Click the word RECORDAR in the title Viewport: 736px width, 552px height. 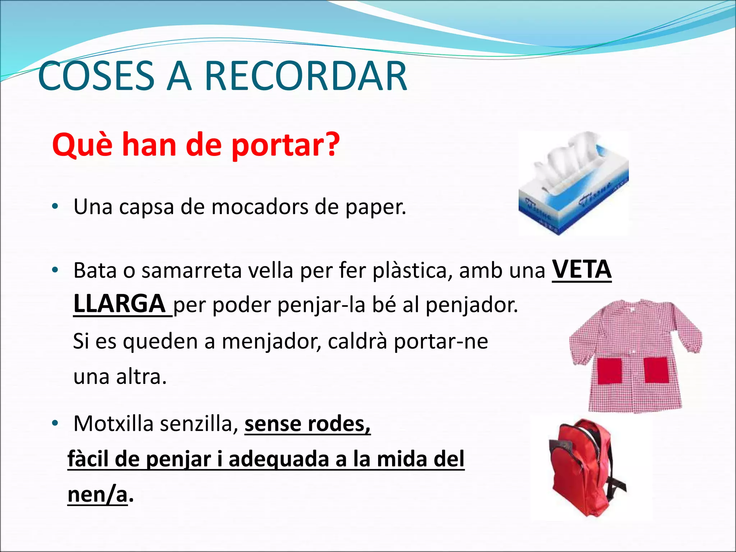(305, 76)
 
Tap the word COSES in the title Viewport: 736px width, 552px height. (96, 76)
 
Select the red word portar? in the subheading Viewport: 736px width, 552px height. (285, 145)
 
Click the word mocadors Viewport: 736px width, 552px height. (259, 207)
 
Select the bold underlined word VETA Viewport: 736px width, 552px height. (581, 270)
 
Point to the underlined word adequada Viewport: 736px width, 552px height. (279, 459)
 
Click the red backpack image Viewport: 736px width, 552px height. (588, 467)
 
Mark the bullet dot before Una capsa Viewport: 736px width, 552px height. (55, 207)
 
